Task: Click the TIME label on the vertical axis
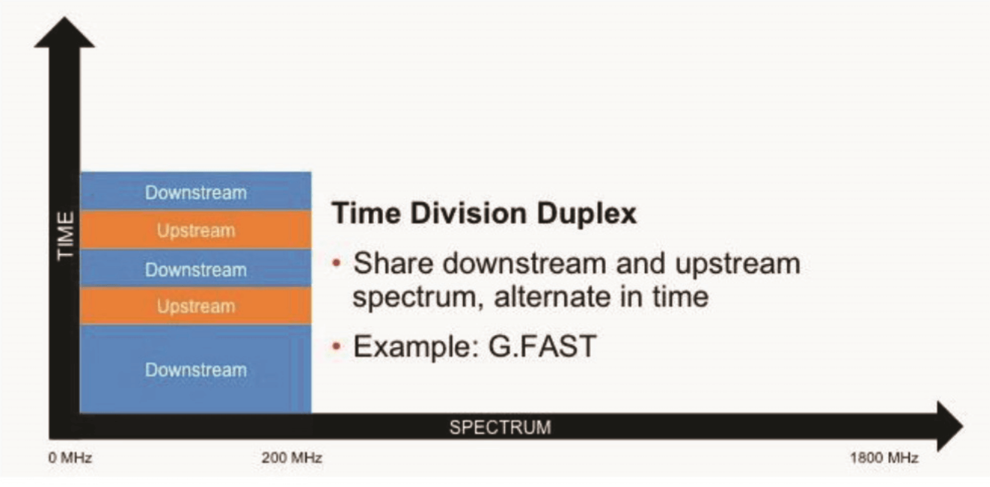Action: click(x=66, y=235)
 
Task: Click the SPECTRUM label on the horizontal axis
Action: click(x=500, y=427)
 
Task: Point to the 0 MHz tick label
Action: click(x=70, y=458)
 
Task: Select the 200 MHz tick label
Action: click(x=292, y=458)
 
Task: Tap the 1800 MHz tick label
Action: click(x=883, y=458)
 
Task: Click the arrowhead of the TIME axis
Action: click(x=64, y=32)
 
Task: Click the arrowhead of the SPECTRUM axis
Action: click(x=949, y=426)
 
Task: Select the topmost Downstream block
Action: click(x=195, y=191)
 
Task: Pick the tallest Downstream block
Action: click(x=195, y=369)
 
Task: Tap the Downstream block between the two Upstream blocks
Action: click(x=195, y=268)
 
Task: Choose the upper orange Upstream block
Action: click(x=195, y=230)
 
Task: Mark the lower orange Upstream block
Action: click(x=195, y=306)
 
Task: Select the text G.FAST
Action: click(x=542, y=346)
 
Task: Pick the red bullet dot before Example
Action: click(x=336, y=347)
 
